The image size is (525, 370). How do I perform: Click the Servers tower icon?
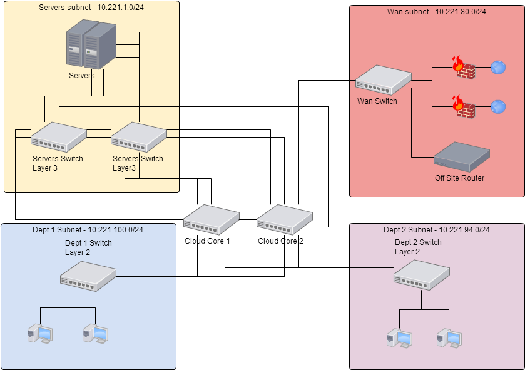coord(91,46)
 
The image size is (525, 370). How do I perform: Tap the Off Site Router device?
coord(462,156)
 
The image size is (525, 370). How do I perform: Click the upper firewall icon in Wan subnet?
coord(463,67)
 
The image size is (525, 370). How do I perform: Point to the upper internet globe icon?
coord(498,67)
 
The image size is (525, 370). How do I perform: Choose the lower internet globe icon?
coord(498,107)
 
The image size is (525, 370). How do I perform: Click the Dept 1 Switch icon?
coord(88,275)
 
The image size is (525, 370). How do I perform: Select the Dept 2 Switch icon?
coord(421,274)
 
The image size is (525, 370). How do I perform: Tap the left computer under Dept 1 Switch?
coord(40,335)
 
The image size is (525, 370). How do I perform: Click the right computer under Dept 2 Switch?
coord(449,338)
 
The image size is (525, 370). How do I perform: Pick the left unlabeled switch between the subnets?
coord(211,219)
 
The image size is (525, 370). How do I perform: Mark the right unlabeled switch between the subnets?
coord(285,219)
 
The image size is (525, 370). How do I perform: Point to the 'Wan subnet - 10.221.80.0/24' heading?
coord(437,11)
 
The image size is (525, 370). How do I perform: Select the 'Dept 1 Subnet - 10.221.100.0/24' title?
coord(88,230)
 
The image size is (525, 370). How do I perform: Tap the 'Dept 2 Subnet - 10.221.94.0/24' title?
coord(436,230)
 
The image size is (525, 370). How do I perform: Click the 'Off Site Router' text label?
coord(459,178)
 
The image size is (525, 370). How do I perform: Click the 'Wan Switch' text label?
coord(377,101)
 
